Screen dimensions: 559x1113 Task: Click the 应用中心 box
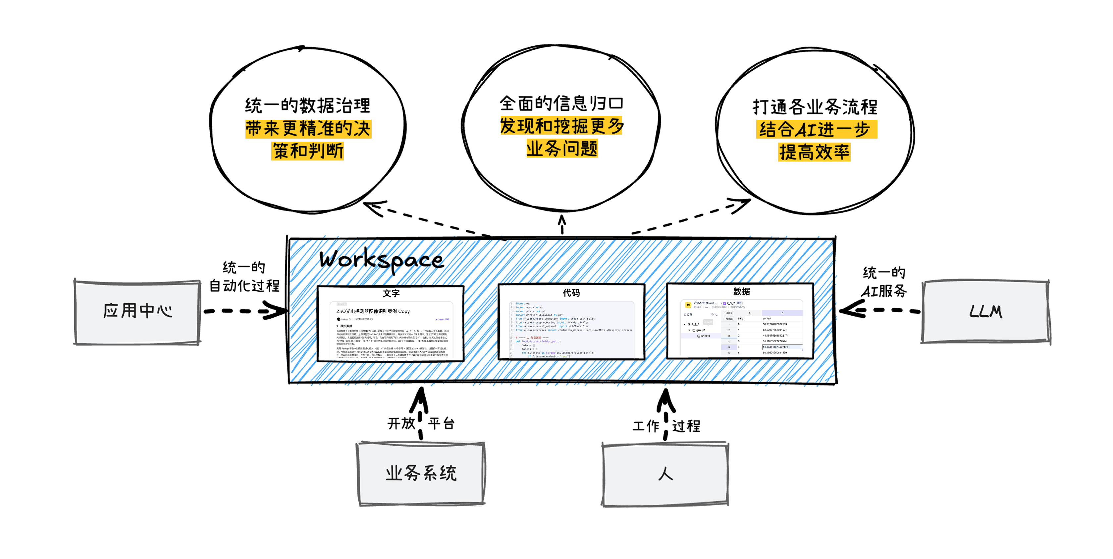coord(137,311)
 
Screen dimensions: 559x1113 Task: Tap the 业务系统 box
coord(421,473)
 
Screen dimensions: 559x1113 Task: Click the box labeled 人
coord(665,474)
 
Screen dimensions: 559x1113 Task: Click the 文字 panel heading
coord(391,293)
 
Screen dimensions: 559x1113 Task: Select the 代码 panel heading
coord(571,293)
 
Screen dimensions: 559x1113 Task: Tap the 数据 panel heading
coord(741,291)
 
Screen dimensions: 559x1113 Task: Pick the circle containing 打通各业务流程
coord(815,130)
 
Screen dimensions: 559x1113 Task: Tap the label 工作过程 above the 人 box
coord(666,426)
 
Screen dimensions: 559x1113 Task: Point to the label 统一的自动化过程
coord(244,277)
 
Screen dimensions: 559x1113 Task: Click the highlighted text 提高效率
coord(815,152)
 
